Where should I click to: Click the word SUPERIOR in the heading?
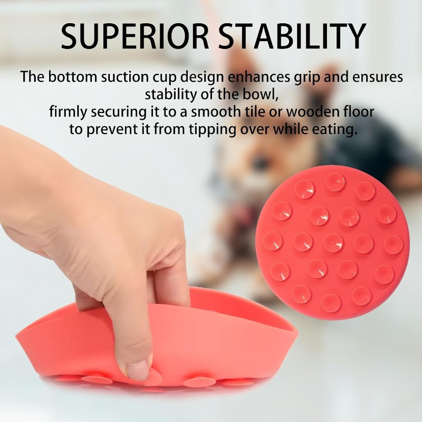click(x=135, y=36)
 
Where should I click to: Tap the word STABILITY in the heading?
click(x=292, y=36)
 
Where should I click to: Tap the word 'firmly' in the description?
click(x=69, y=112)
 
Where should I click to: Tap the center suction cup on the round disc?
click(x=333, y=243)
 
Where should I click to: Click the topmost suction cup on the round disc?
click(x=335, y=181)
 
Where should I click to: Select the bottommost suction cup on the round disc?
click(x=331, y=303)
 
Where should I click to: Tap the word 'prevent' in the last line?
click(x=112, y=130)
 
